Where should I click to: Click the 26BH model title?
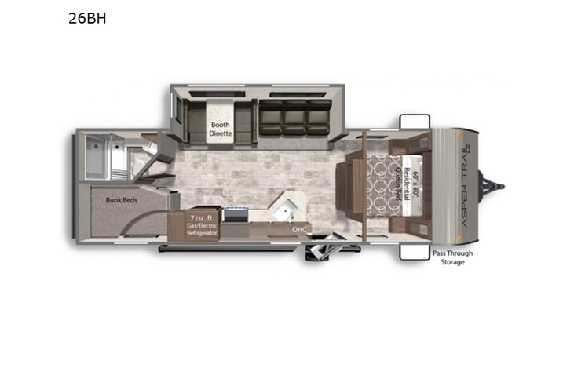86,17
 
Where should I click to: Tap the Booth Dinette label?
221,129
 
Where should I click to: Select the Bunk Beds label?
122,200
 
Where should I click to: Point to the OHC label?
299,229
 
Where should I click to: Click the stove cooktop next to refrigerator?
235,213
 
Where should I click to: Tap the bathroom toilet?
138,166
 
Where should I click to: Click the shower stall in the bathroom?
103,156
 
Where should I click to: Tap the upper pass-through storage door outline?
414,122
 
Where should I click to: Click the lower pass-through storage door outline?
414,251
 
